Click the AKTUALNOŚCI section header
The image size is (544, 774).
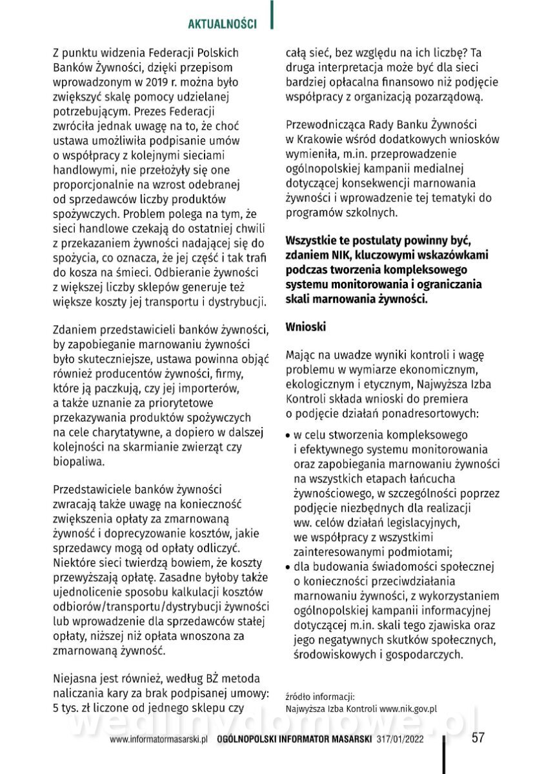pos(222,23)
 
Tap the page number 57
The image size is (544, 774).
pos(478,738)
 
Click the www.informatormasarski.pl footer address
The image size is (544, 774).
pos(158,740)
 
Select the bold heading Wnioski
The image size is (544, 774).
pos(306,327)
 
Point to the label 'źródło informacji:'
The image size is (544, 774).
pos(319,696)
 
